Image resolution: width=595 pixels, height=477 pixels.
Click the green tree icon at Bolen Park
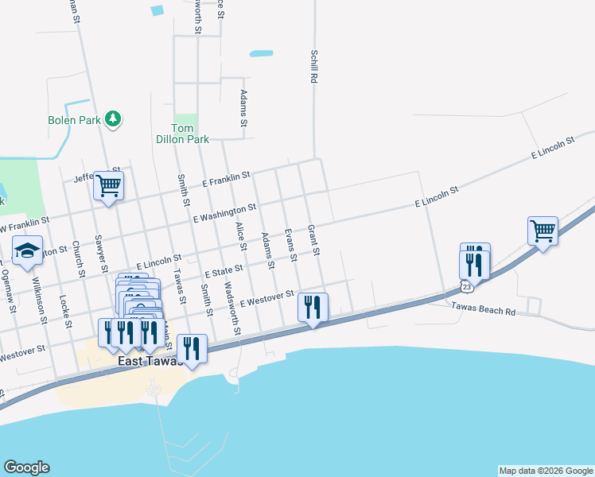(x=114, y=119)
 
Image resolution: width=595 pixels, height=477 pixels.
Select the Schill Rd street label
(x=314, y=66)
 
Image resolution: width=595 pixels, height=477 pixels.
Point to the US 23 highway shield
(x=465, y=285)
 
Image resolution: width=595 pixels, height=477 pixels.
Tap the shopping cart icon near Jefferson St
(x=107, y=186)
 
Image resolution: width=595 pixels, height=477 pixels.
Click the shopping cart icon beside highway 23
(x=542, y=231)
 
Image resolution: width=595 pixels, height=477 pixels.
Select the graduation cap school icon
(x=27, y=250)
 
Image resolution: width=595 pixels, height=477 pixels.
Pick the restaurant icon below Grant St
(x=313, y=307)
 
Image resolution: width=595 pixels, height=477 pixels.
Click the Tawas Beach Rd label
(x=484, y=309)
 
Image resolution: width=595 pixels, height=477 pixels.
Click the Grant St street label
(x=313, y=239)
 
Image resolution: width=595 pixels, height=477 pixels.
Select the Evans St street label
(x=290, y=245)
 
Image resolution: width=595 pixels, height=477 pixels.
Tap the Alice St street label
(x=241, y=238)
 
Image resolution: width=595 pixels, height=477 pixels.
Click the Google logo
(x=26, y=467)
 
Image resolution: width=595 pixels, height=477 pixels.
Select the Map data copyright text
(x=545, y=471)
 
